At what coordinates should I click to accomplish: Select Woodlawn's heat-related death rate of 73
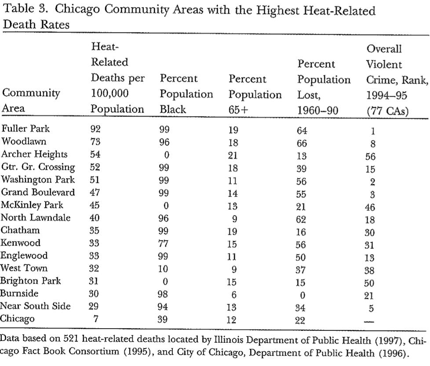click(96, 142)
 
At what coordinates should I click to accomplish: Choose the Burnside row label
click(19, 293)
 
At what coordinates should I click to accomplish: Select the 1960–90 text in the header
click(318, 110)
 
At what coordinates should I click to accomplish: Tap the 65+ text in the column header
click(239, 110)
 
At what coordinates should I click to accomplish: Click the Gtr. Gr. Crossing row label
click(38, 167)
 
